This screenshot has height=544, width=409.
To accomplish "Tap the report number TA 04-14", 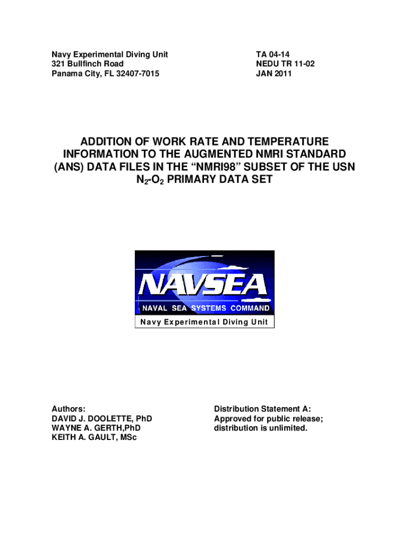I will click(272, 55).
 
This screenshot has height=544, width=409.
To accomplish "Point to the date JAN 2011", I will click(274, 74).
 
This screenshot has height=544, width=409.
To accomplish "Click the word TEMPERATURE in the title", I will click(282, 141).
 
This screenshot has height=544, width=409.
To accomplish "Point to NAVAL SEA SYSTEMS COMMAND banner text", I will click(204, 309).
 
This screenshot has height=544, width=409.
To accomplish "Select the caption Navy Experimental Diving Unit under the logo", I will click(204, 322).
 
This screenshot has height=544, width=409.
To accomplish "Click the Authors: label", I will click(69, 409).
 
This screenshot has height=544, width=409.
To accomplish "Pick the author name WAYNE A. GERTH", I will click(88, 428).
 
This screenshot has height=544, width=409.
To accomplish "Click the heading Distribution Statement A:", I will click(262, 409).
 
